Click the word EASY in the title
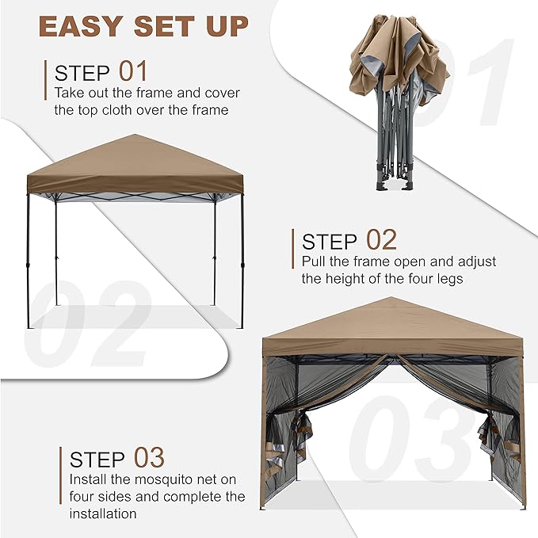click(x=80, y=26)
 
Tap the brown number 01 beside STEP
click(x=133, y=71)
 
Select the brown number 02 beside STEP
click(x=382, y=239)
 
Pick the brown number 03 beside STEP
click(x=149, y=457)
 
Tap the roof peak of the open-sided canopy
click(x=135, y=135)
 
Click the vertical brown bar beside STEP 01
click(x=45, y=80)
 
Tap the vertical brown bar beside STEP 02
click(x=292, y=249)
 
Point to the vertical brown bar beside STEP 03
click(x=61, y=475)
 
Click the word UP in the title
click(x=227, y=26)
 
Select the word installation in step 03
click(x=103, y=513)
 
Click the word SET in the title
click(x=162, y=26)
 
